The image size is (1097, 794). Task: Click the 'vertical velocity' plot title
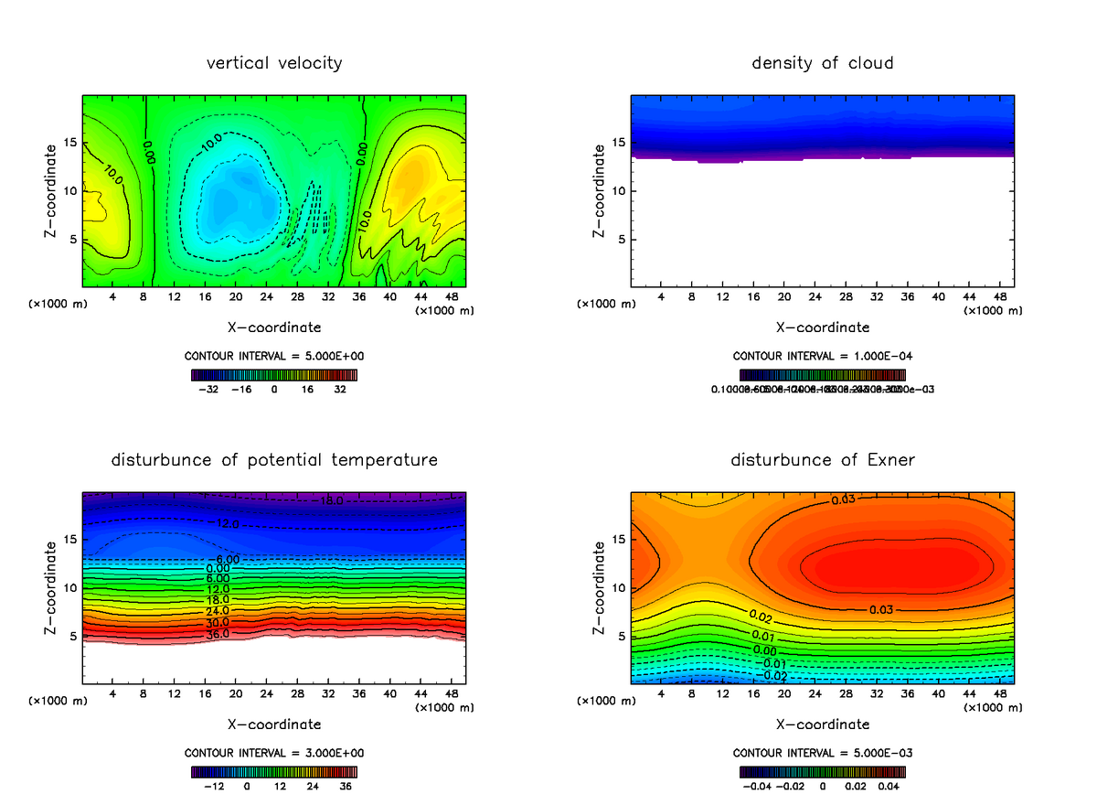coord(274,63)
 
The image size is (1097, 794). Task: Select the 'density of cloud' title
coord(823,63)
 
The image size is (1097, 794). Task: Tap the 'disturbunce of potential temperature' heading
coord(274,459)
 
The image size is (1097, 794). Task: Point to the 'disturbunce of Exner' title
coord(823,459)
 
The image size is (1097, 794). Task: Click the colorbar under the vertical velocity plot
coord(274,375)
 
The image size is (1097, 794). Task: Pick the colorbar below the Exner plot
coord(823,772)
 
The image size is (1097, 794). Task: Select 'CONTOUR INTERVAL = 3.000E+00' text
coord(274,753)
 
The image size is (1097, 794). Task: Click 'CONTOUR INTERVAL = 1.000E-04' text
coord(823,356)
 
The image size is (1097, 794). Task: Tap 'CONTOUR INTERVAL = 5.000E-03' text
coord(823,753)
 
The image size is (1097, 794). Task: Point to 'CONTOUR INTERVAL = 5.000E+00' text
coord(274,356)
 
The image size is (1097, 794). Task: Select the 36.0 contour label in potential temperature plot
coord(218,633)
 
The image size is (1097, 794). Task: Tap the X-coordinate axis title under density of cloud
coord(823,327)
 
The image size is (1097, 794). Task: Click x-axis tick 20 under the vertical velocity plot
coord(236,297)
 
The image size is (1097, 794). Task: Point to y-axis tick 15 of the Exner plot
coord(617,539)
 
